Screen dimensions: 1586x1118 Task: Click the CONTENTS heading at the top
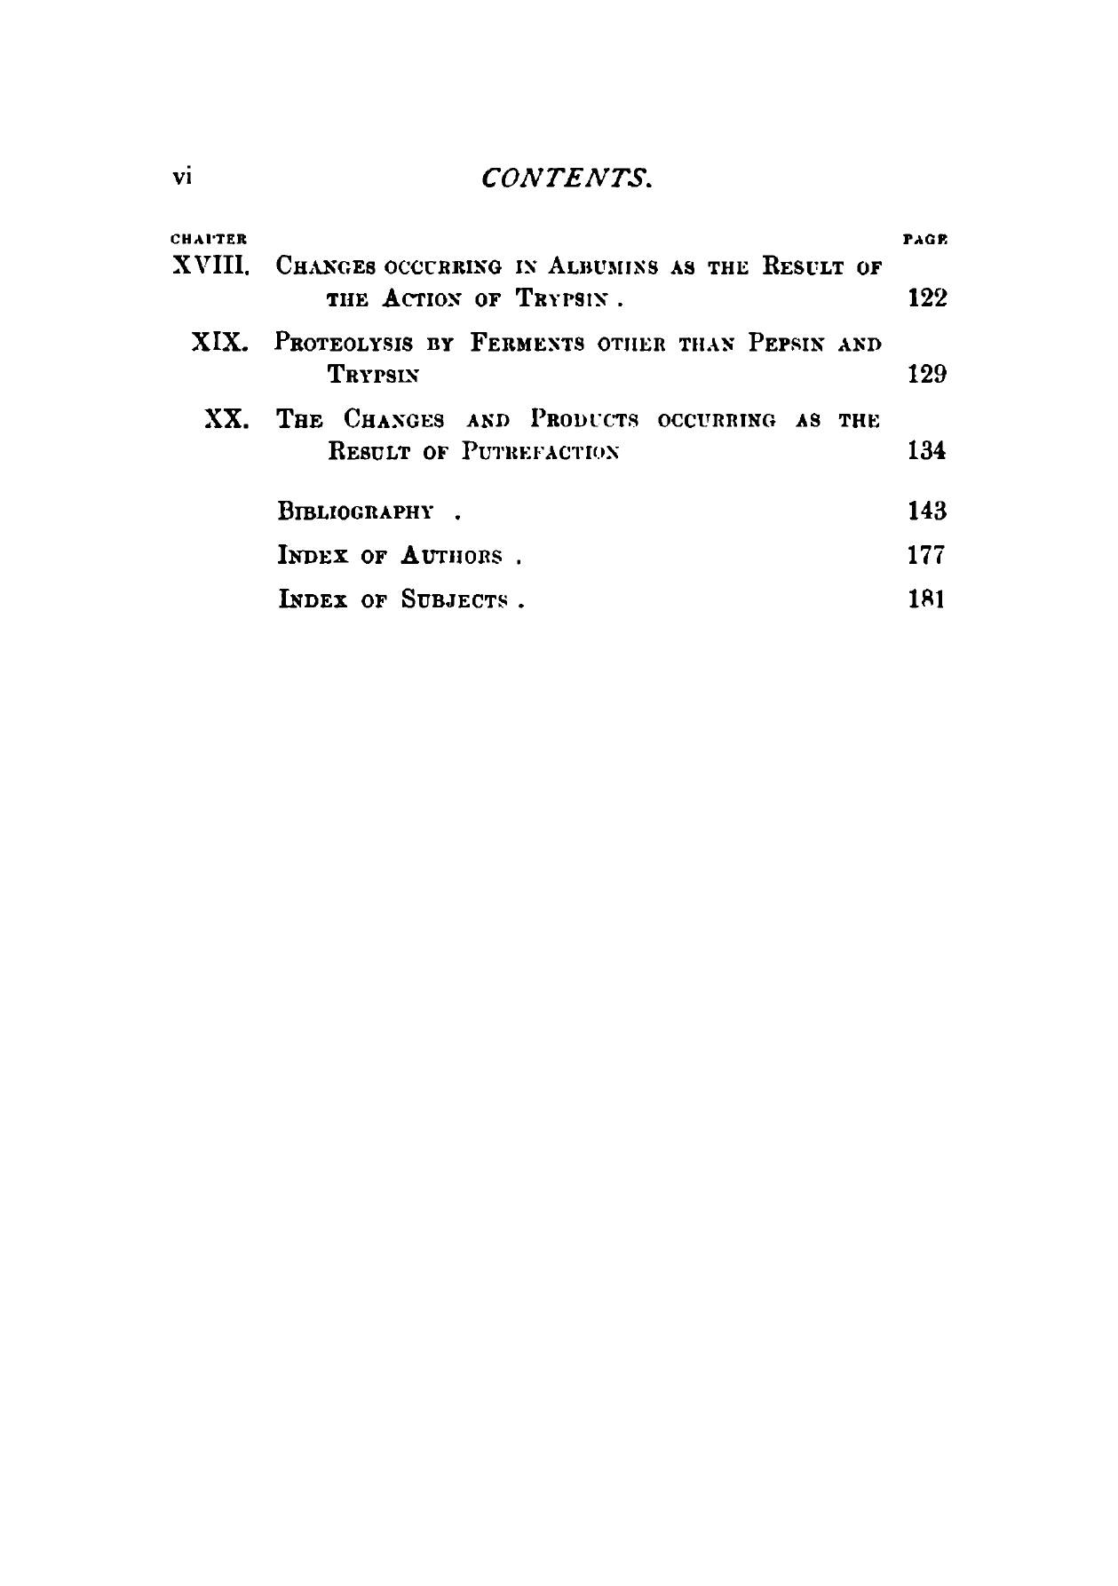click(x=567, y=178)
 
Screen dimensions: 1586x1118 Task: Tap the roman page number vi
click(x=182, y=176)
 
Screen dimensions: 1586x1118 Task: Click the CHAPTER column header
click(x=208, y=239)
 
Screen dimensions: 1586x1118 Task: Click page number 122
click(x=927, y=297)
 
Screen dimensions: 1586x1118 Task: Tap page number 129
click(x=927, y=374)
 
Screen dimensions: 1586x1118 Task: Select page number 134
click(x=927, y=450)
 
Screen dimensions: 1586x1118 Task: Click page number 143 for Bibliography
click(x=927, y=511)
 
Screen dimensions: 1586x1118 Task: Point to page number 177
click(x=926, y=556)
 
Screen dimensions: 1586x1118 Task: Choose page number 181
click(x=926, y=599)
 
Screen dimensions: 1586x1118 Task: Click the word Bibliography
click(x=356, y=511)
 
